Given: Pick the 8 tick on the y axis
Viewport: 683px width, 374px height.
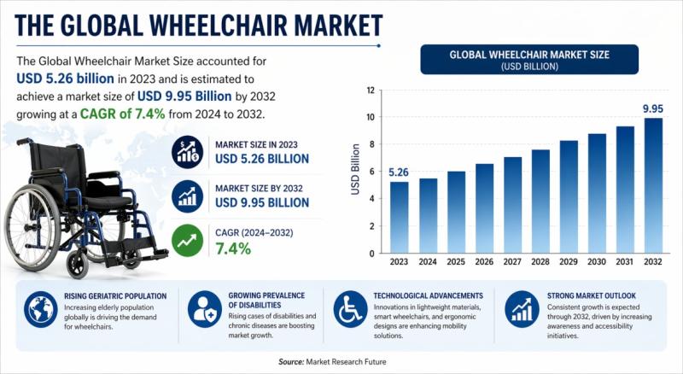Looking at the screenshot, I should (370, 144).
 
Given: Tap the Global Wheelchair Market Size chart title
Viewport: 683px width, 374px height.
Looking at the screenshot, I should (530, 55).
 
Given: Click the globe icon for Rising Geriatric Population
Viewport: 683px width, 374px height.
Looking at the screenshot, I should (41, 308).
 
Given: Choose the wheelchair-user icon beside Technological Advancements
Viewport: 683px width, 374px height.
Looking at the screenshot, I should (350, 308).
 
